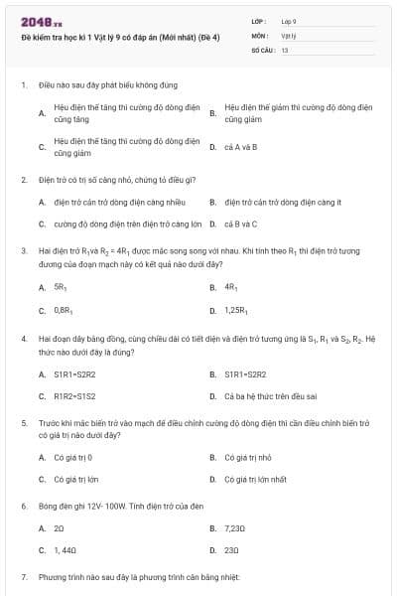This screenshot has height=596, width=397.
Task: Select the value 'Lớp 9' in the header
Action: click(x=289, y=20)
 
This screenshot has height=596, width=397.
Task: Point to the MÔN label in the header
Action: click(x=258, y=34)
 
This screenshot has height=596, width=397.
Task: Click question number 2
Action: click(x=23, y=180)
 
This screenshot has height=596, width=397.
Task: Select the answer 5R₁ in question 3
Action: click(x=60, y=287)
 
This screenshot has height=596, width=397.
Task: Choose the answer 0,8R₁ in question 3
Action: click(x=63, y=311)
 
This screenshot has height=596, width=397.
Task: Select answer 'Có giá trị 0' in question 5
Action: click(x=72, y=457)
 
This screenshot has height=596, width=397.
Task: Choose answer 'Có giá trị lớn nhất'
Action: click(x=256, y=480)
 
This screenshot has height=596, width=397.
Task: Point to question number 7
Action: click(x=23, y=577)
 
